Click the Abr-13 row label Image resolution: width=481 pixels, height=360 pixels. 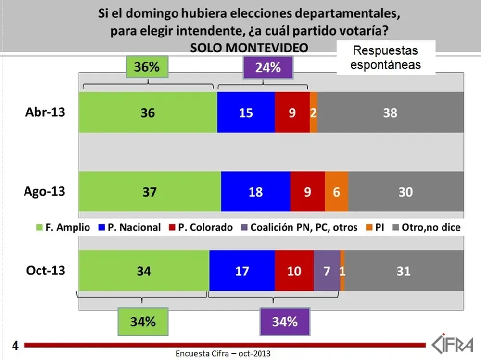(45, 112)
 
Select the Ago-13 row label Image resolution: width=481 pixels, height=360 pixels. (45, 191)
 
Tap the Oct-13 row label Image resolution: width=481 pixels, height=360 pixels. (45, 270)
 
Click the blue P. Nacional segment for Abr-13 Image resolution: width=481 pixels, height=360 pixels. (246, 112)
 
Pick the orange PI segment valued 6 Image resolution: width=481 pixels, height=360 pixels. (337, 191)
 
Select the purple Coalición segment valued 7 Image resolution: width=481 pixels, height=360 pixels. (327, 271)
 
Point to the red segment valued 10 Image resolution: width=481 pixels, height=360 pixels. (294, 271)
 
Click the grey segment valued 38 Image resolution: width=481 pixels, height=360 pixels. (390, 112)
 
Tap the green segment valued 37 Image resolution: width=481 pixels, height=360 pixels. (150, 191)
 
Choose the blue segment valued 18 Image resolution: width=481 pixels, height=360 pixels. (255, 191)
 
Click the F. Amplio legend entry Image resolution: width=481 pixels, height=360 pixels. (63, 227)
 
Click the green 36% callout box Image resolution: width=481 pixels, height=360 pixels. (147, 67)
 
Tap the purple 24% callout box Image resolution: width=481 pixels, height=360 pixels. (268, 67)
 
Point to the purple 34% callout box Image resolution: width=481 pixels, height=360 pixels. (284, 322)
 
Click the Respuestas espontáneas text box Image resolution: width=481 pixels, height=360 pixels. (385, 57)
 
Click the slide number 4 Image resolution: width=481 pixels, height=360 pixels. (15, 345)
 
